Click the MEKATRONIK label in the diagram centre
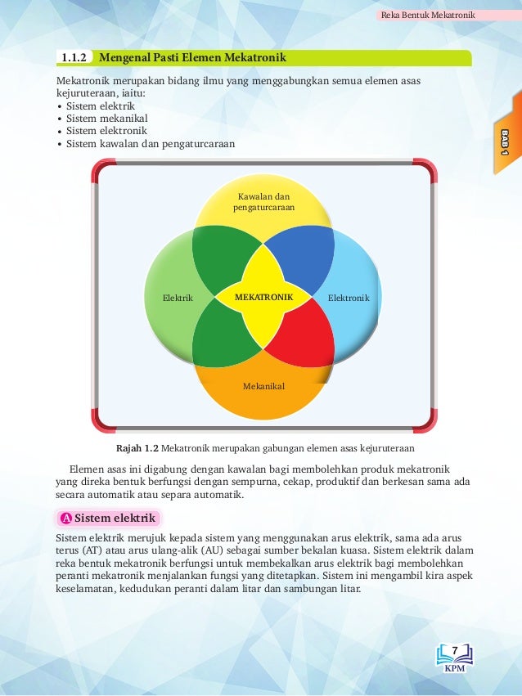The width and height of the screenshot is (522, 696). (263, 298)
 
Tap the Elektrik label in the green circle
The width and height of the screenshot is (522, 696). (178, 299)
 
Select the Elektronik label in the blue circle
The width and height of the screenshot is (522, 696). (349, 299)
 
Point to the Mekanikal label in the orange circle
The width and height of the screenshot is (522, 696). (263, 385)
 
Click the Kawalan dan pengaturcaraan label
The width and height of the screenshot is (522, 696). (263, 202)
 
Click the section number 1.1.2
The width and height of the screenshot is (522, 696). (74, 58)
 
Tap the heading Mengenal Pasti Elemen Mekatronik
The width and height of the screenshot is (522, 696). (192, 58)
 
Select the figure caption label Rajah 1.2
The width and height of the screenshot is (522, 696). (137, 448)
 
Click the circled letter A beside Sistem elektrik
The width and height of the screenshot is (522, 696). (65, 519)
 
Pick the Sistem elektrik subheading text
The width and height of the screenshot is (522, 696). (115, 519)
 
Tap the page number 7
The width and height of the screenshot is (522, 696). (455, 650)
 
